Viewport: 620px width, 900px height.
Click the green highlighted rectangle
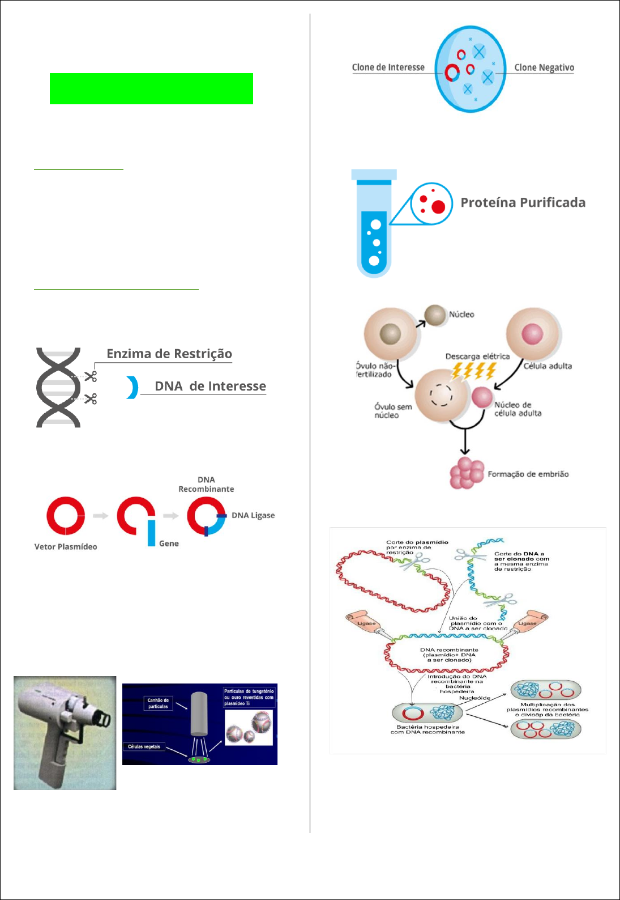click(151, 88)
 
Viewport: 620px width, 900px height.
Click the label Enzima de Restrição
click(169, 354)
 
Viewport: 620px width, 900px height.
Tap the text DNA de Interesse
click(210, 386)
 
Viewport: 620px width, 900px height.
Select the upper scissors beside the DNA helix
click(91, 376)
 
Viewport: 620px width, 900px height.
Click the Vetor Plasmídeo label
click(66, 547)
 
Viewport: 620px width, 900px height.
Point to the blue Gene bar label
click(169, 544)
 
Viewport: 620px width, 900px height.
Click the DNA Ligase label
click(253, 515)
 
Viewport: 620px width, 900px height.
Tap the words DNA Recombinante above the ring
click(206, 485)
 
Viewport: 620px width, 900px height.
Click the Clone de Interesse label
click(388, 67)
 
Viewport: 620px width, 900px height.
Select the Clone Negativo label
click(544, 67)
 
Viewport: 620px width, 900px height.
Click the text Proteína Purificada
click(523, 203)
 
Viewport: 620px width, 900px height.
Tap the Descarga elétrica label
click(477, 356)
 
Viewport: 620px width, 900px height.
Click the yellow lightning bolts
click(474, 371)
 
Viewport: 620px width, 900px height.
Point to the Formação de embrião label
click(528, 474)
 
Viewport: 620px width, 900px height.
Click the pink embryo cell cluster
click(466, 473)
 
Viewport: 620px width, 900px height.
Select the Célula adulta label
click(547, 366)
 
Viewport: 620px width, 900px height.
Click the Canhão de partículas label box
click(158, 703)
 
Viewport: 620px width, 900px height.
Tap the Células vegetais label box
click(144, 746)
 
